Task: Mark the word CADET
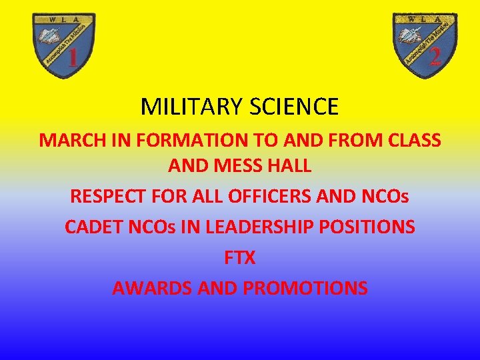(90, 227)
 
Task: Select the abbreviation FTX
(239, 258)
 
